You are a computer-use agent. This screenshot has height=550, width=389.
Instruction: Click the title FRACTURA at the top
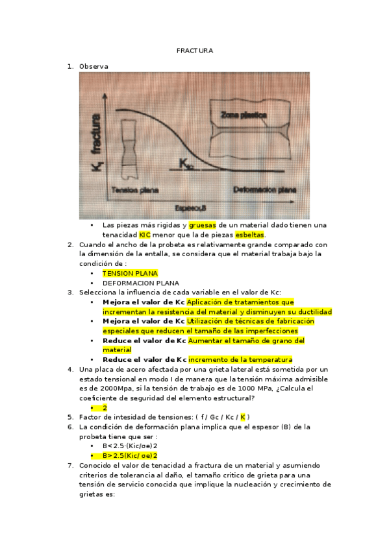tap(194, 51)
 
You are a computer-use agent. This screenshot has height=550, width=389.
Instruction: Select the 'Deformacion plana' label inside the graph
tap(264, 190)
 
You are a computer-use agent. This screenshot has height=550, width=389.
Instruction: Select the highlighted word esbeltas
tap(250, 234)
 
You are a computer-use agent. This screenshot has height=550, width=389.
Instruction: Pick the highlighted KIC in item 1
tap(144, 234)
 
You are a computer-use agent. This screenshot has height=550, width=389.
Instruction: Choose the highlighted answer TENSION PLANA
tap(130, 274)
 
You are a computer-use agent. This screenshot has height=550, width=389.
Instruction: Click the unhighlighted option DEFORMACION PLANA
tap(140, 283)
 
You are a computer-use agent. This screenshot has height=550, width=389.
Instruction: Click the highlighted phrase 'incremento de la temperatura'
tap(241, 359)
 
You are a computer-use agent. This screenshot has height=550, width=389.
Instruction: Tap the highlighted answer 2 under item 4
tap(105, 408)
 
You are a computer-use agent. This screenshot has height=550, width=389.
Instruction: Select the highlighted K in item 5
tap(243, 417)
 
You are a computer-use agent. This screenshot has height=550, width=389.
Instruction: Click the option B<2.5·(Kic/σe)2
tap(130, 446)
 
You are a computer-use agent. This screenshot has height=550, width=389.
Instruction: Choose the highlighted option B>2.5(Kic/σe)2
tap(130, 456)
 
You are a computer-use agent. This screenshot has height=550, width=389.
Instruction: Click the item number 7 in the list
tap(70, 466)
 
